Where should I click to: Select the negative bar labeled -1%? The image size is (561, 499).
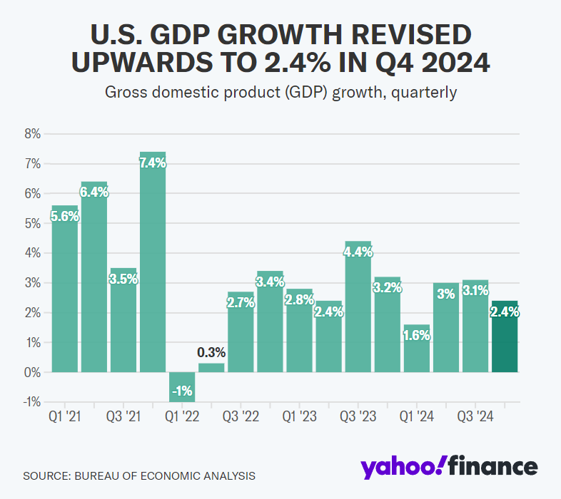182,387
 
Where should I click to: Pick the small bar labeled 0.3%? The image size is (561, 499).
211,368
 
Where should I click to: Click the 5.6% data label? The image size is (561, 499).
65,217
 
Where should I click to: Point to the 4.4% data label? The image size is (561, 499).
358,252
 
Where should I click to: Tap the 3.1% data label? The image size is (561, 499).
475,291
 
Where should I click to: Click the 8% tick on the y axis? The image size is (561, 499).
33,134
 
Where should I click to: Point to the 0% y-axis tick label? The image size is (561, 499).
33,372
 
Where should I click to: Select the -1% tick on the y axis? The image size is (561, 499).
31,402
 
